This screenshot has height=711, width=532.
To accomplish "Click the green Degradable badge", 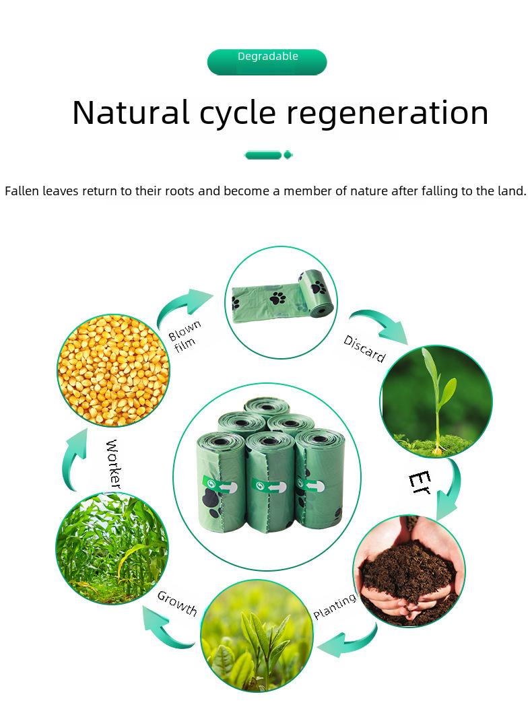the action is (267, 62).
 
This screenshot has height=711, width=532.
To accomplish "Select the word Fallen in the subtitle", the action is (22, 191).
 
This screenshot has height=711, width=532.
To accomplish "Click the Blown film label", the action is (184, 337).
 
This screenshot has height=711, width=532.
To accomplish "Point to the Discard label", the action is (364, 349).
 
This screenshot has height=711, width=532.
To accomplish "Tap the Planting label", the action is (335, 606).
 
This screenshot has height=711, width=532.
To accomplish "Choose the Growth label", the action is (177, 604).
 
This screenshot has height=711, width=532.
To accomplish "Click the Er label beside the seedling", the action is (420, 483).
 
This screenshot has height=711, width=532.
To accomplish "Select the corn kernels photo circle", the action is (113, 370).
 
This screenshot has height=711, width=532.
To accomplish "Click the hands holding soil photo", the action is (409, 571).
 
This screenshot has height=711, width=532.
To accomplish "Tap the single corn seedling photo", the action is (436, 401).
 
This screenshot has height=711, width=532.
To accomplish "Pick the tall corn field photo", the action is (112, 548).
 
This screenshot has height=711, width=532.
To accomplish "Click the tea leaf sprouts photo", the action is (257, 636).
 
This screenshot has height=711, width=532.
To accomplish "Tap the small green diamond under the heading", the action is (288, 156).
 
